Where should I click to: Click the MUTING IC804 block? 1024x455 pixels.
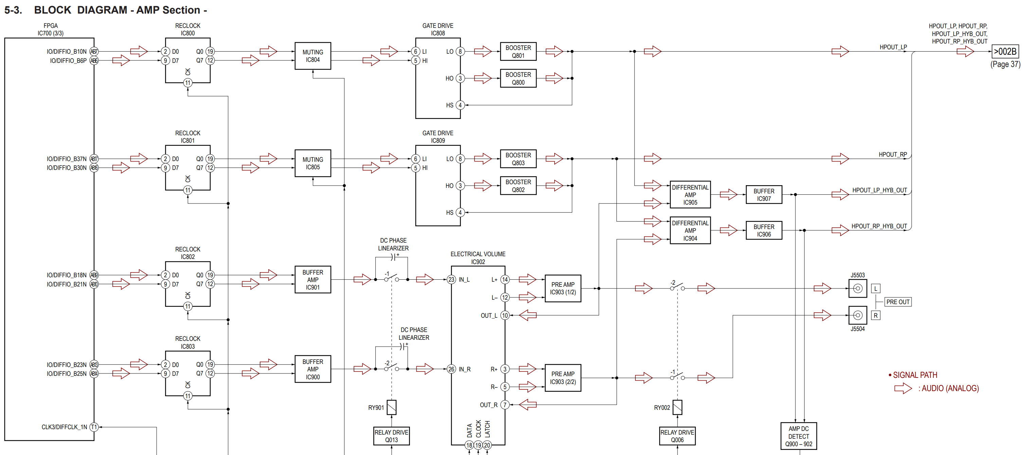pos(312,56)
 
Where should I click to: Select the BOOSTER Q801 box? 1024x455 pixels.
pos(518,52)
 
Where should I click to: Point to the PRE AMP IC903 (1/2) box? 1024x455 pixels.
pos(562,288)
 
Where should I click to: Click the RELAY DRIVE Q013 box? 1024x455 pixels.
pos(391,436)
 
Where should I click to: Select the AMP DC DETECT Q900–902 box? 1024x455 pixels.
pos(798,436)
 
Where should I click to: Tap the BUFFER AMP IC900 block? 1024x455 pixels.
pos(312,369)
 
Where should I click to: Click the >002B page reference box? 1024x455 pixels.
pos(1005,52)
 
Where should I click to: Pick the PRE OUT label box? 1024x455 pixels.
pos(898,302)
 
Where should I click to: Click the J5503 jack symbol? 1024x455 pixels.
pos(858,288)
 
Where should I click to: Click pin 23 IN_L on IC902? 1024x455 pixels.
pos(451,280)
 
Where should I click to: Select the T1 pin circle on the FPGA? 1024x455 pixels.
pos(94,427)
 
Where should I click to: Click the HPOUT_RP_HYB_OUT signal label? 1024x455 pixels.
pos(879,226)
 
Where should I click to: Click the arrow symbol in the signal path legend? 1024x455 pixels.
pos(903,388)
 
